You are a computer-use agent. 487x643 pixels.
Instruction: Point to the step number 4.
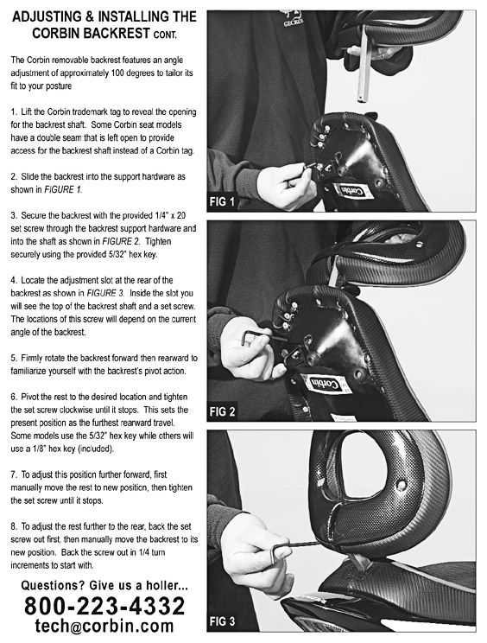(x=15, y=281)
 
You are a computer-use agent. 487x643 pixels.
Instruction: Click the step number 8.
(x=15, y=524)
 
